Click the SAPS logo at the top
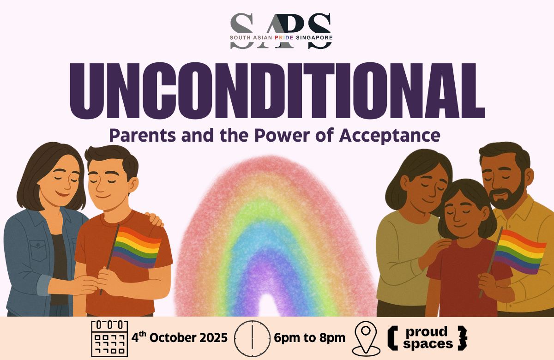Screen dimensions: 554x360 click(x=281, y=31)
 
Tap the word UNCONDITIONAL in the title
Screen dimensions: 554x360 click(x=277, y=91)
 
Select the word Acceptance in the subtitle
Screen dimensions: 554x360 click(x=390, y=136)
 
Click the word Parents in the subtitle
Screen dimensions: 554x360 click(x=143, y=135)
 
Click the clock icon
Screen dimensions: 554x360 click(x=252, y=338)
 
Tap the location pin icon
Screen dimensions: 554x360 click(x=366, y=338)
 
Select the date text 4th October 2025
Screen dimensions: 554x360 click(x=179, y=337)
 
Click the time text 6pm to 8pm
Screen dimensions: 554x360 click(x=309, y=338)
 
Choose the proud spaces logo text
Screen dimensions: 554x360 click(x=427, y=338)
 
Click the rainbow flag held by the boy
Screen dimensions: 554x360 click(x=137, y=247)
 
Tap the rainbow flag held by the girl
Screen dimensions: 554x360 click(x=519, y=251)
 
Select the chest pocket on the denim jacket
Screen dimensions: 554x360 click(x=38, y=250)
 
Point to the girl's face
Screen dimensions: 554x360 click(x=461, y=210)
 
